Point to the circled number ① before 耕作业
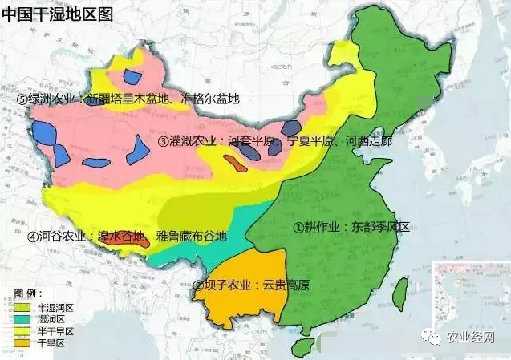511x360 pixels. (298, 227)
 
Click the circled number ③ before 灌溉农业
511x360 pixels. (164, 141)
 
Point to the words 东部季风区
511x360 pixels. (380, 227)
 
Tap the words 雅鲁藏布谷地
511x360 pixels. (192, 237)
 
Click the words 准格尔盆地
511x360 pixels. (210, 99)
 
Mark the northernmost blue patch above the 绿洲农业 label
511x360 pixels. (132, 78)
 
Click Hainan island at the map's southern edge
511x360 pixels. (302, 347)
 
